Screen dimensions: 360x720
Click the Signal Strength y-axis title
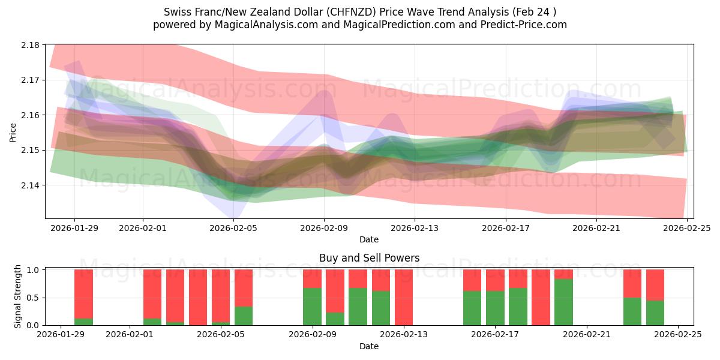[18, 297]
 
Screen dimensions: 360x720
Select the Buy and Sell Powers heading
[368, 258]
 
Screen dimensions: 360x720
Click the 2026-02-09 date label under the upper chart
[324, 228]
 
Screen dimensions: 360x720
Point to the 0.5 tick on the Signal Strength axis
[33, 298]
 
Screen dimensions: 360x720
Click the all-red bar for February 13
[404, 297]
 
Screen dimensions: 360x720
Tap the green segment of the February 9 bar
[312, 307]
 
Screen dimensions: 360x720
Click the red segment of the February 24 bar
[655, 284]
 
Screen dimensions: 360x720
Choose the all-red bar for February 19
[541, 297]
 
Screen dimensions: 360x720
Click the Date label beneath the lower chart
[368, 346]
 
